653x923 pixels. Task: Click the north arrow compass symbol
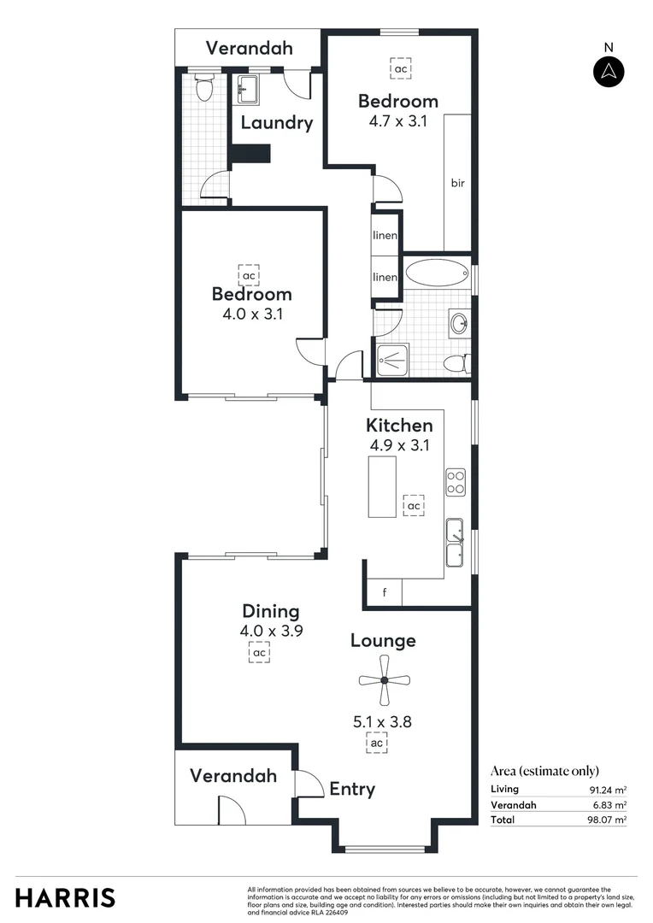609,71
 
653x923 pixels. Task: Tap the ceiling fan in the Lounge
384,680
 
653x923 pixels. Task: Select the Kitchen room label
399,425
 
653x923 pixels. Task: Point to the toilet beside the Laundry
204,86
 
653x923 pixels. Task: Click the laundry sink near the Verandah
248,85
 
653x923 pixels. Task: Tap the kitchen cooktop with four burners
455,483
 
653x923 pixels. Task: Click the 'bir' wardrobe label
457,183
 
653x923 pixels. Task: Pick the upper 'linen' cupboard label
385,235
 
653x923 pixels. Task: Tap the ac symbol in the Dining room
260,653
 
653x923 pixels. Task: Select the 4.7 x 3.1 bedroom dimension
397,121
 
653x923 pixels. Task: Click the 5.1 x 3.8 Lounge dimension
383,721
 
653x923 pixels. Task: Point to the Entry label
352,789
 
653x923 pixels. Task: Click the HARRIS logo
65,897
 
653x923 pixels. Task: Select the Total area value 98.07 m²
606,820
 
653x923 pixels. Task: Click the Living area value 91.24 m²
606,789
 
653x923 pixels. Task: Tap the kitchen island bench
382,486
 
